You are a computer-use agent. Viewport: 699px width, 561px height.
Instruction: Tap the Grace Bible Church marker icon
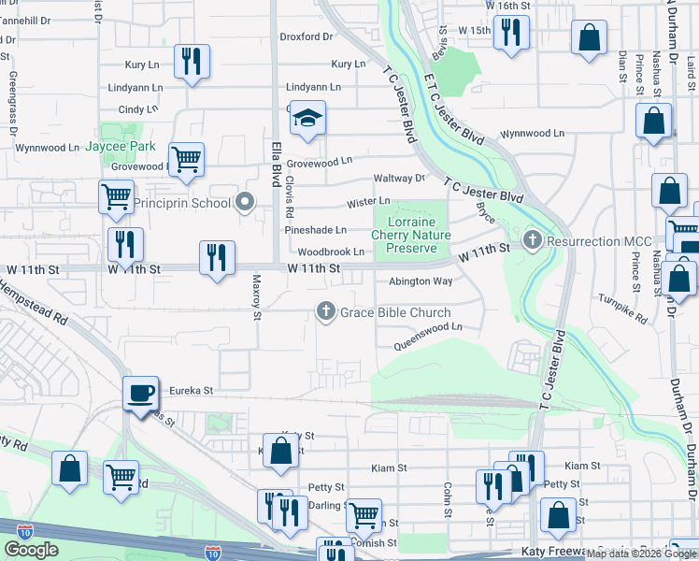pyautogui.click(x=326, y=311)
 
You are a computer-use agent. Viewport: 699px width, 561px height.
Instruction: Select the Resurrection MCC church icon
pyautogui.click(x=533, y=240)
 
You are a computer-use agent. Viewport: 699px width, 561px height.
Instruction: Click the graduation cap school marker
pyautogui.click(x=307, y=118)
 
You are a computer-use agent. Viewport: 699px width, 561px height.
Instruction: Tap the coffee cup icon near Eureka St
pyautogui.click(x=141, y=393)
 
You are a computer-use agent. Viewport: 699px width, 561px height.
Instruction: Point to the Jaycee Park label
pyautogui.click(x=121, y=147)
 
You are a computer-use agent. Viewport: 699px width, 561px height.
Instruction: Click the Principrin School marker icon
pyautogui.click(x=245, y=202)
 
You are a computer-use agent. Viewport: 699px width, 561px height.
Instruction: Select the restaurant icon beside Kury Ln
pyautogui.click(x=192, y=62)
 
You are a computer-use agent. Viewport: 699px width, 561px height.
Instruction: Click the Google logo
pyautogui.click(x=31, y=550)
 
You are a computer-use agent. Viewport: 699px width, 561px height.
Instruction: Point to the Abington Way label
pyautogui.click(x=421, y=280)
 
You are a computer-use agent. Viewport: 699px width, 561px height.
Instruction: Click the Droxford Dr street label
pyautogui.click(x=307, y=37)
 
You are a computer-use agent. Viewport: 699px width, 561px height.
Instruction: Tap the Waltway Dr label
pyautogui.click(x=399, y=178)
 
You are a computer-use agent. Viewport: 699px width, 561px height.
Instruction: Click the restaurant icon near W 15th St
pyautogui.click(x=509, y=35)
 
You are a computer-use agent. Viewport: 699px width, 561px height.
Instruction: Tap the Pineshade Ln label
pyautogui.click(x=316, y=229)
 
